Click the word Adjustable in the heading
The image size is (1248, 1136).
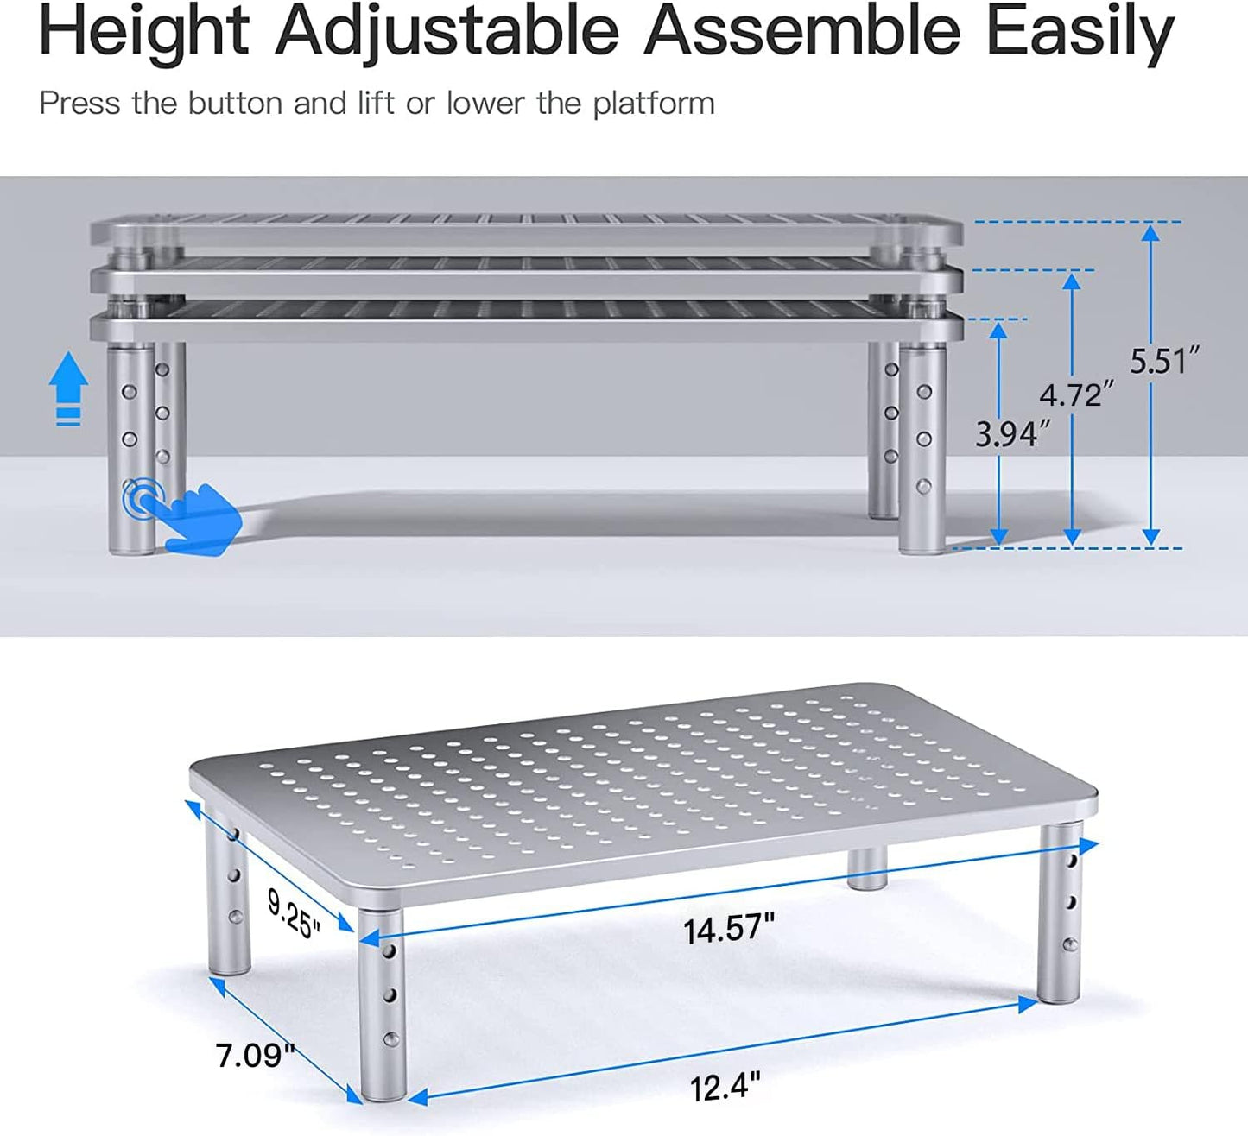pos(447,33)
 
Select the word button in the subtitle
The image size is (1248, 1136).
pos(235,104)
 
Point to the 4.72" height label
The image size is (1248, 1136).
pos(1076,394)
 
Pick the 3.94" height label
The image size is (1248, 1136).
pos(1012,433)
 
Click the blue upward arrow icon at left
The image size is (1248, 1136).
pos(68,389)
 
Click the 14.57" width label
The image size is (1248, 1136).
pos(729,929)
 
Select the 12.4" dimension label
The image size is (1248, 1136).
pos(725,1086)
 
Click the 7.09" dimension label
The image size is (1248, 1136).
pos(255,1054)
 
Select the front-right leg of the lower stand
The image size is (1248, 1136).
pos(1060,915)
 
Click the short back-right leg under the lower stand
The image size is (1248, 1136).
pos(866,868)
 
